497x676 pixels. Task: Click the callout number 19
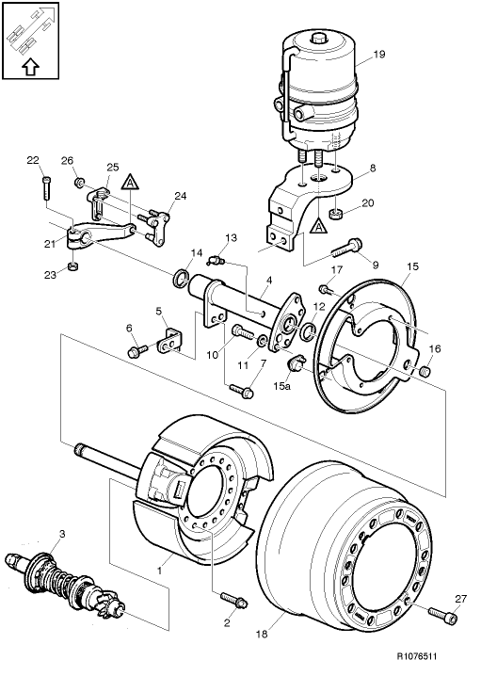[x=378, y=55]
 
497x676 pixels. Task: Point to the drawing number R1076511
[x=449, y=663]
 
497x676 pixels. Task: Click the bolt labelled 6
[x=139, y=350]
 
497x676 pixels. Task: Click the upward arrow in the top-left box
[x=28, y=66]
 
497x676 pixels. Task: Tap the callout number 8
[x=372, y=169]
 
